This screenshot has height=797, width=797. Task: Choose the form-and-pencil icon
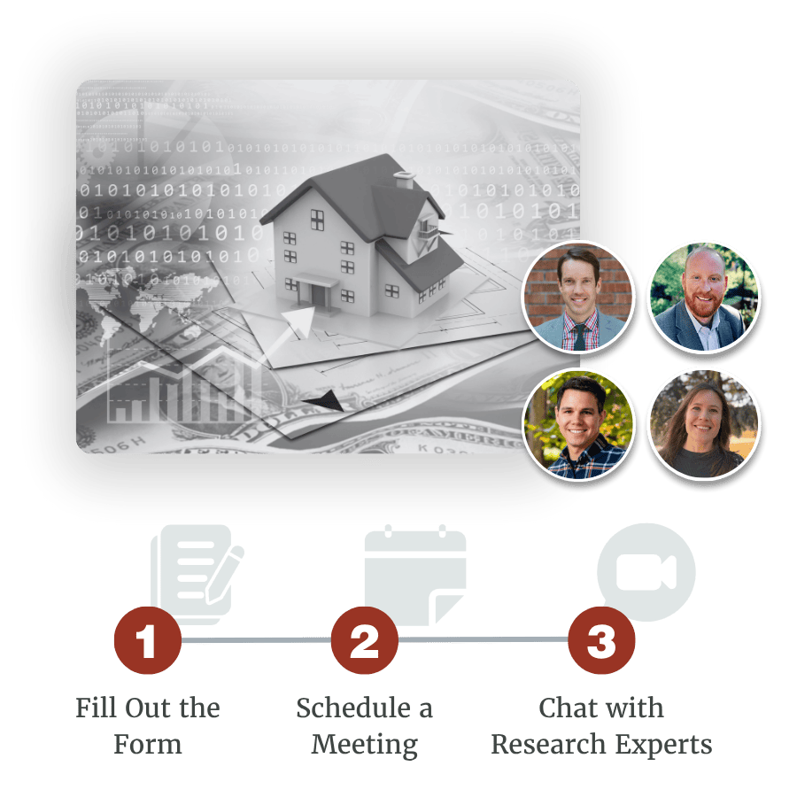pyautogui.click(x=197, y=572)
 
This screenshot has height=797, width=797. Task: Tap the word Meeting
pyautogui.click(x=364, y=744)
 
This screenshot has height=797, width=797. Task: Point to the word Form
pyautogui.click(x=148, y=744)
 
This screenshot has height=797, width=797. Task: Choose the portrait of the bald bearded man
pyautogui.click(x=704, y=297)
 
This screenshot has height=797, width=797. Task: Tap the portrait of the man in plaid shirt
pyautogui.click(x=579, y=423)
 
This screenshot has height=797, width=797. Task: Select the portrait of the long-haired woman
pyautogui.click(x=704, y=423)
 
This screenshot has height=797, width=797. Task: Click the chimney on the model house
pyautogui.click(x=405, y=180)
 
